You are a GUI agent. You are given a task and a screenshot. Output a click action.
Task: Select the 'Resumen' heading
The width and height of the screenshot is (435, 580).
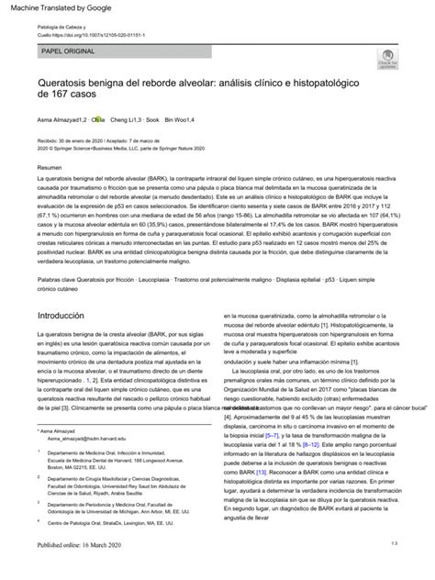(x=49, y=170)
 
